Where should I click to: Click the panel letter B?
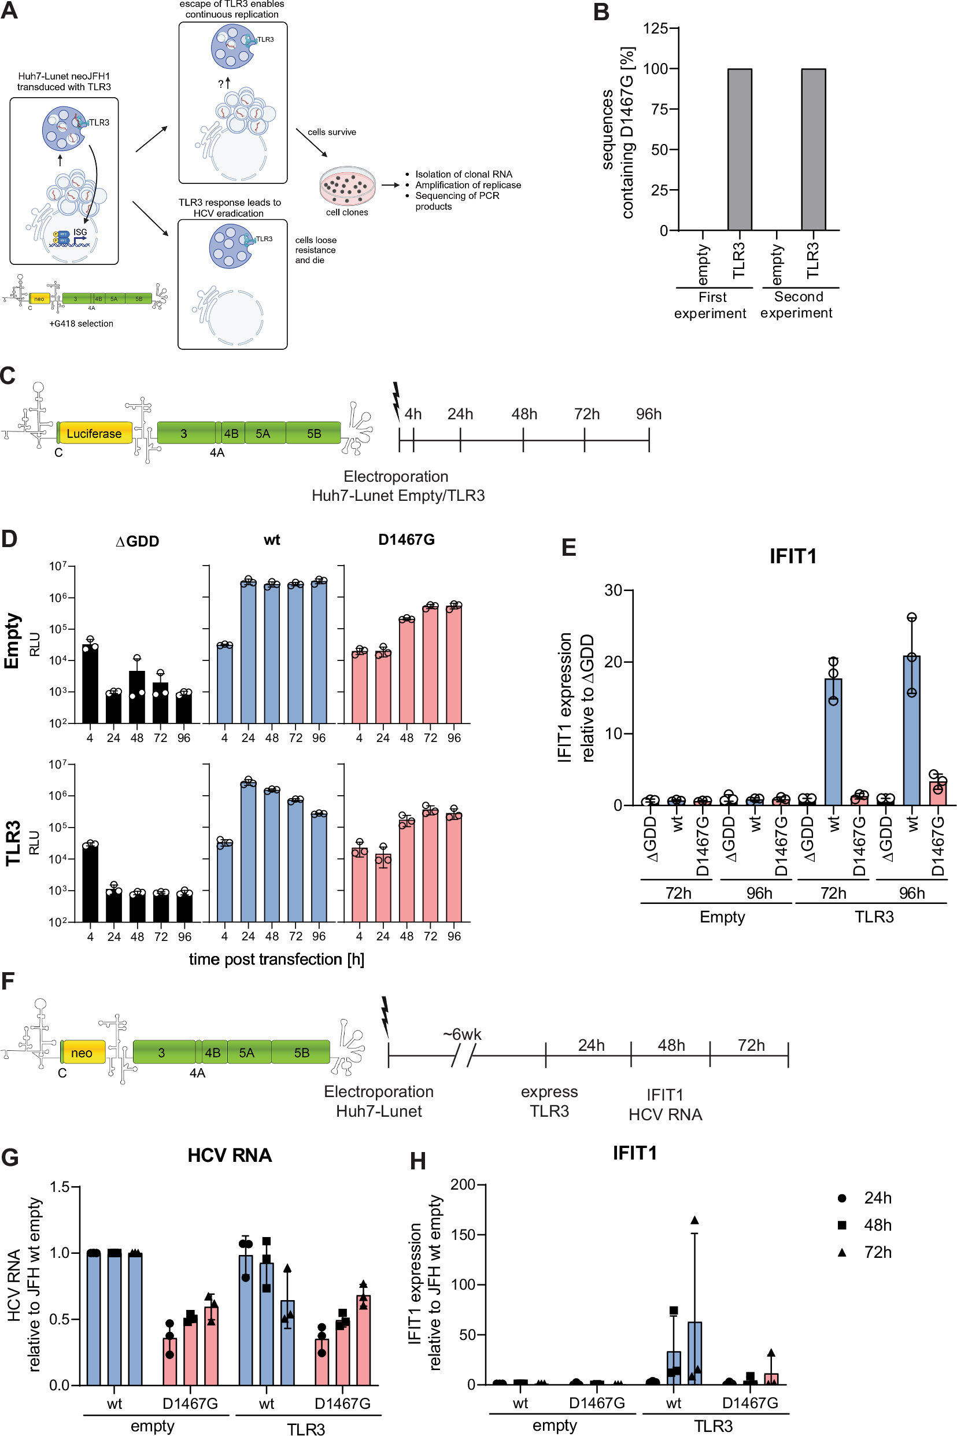point(601,12)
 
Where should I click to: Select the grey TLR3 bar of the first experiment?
point(739,150)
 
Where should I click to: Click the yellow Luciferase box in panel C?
point(94,433)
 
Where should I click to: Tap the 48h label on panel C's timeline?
point(524,415)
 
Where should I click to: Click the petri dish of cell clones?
point(348,186)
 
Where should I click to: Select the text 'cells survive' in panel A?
point(331,132)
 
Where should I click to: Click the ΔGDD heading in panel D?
point(137,541)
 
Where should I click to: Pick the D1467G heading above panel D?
point(407,540)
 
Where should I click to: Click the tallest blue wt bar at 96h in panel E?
point(911,730)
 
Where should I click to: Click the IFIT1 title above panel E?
point(793,556)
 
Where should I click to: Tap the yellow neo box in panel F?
point(82,1053)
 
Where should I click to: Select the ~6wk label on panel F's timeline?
point(462,1035)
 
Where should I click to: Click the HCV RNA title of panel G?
point(230,1156)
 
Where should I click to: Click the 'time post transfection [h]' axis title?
point(276,959)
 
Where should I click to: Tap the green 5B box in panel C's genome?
point(314,433)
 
